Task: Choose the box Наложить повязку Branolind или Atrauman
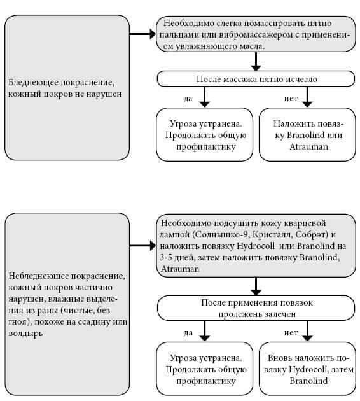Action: pyautogui.click(x=307, y=135)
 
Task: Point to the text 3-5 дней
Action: pyautogui.click(x=176, y=258)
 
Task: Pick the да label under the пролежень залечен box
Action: pyautogui.click(x=187, y=332)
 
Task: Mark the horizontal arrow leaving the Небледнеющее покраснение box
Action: pyautogui.click(x=143, y=245)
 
